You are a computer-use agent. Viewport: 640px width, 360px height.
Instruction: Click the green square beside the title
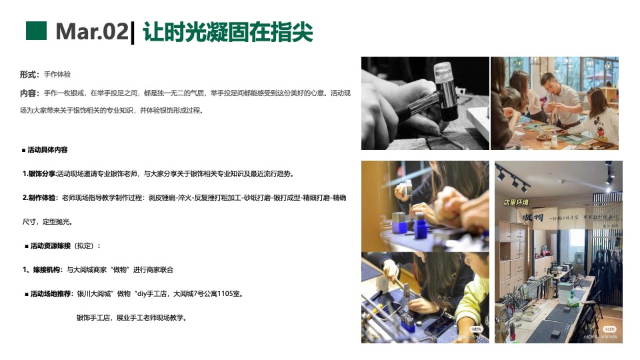(36, 31)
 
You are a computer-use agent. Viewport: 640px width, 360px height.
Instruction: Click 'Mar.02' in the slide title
(91, 31)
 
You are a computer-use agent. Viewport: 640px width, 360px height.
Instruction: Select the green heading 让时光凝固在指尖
(228, 31)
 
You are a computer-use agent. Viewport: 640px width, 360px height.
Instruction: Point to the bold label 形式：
(30, 74)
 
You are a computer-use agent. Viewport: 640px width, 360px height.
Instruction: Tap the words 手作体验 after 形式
(57, 74)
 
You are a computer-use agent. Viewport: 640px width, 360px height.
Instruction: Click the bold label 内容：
(30, 93)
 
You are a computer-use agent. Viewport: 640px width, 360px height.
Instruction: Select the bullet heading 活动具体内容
(47, 149)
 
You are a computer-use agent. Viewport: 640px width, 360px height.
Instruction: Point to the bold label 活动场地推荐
(51, 293)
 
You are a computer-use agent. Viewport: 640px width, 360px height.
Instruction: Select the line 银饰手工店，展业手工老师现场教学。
(131, 317)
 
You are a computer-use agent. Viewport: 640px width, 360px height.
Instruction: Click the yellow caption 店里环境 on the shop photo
(515, 203)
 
